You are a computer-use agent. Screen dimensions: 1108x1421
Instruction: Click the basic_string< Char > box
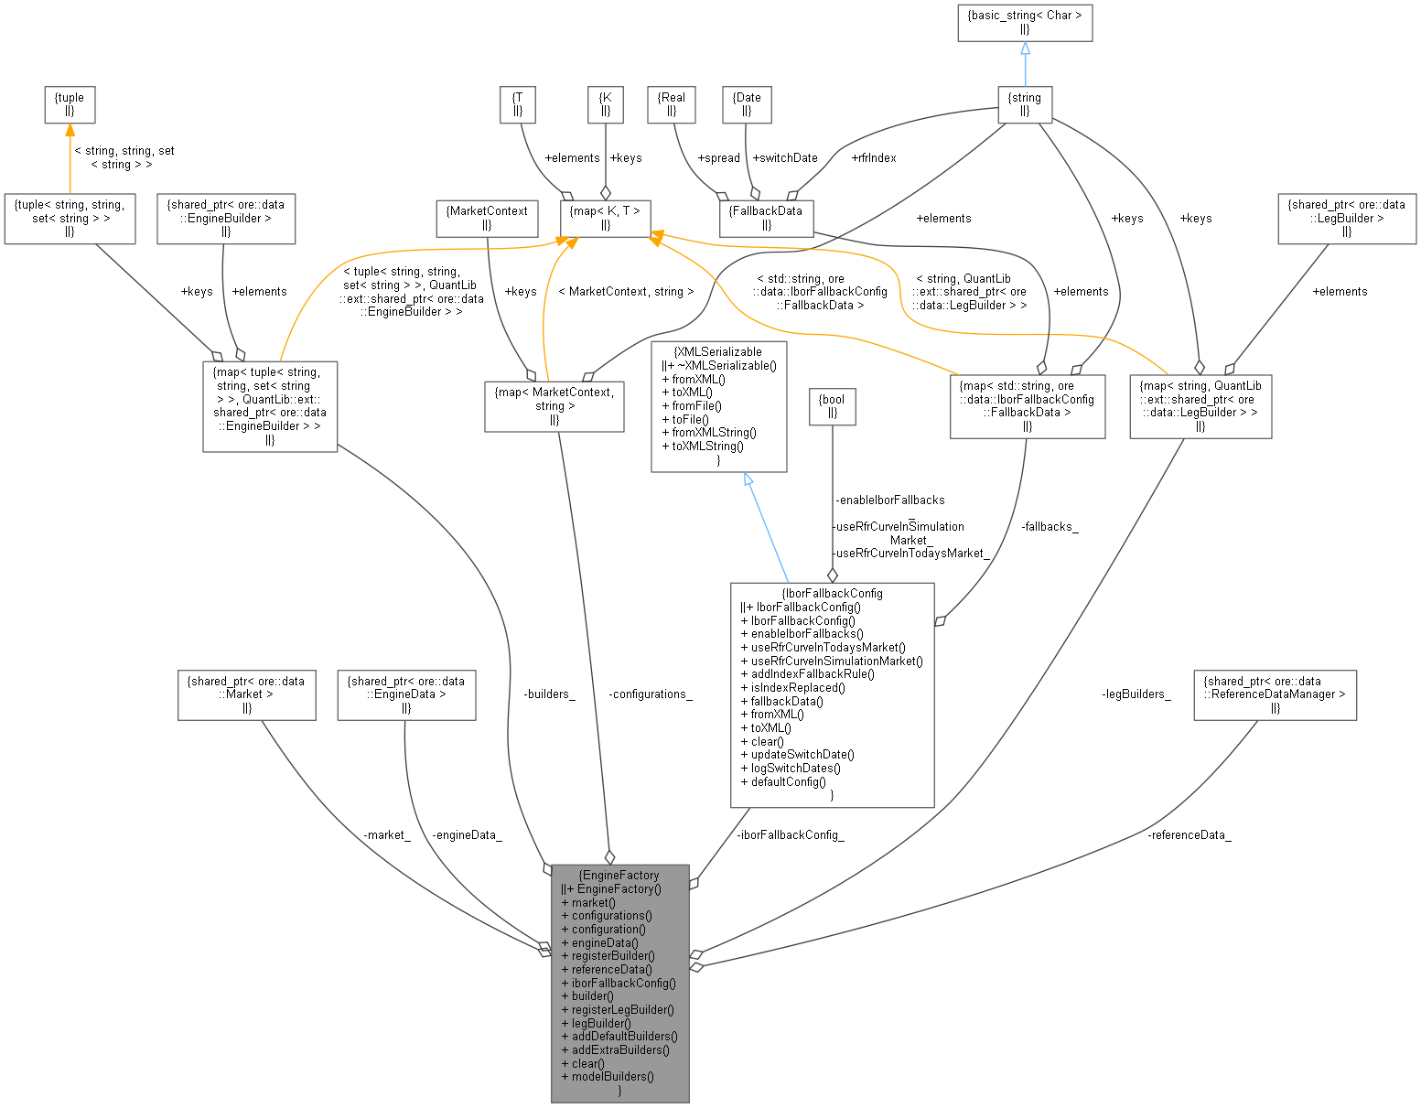1024,23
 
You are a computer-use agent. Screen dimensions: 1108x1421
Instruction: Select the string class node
1024,104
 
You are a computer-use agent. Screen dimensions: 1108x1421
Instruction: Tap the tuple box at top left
70,104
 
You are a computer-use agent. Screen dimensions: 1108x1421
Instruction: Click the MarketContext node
486,218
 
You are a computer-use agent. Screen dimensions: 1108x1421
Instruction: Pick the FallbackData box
766,218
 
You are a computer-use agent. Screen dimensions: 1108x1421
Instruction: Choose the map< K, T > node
605,218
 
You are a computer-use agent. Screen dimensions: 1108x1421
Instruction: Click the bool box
832,406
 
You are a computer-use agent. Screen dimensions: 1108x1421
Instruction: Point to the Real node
671,104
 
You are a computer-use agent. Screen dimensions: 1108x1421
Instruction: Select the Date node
747,104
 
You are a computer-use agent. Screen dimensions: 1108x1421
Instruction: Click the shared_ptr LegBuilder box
1346,218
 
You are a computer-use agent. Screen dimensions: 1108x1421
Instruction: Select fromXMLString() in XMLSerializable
714,432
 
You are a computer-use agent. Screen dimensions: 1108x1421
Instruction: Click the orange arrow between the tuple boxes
70,157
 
